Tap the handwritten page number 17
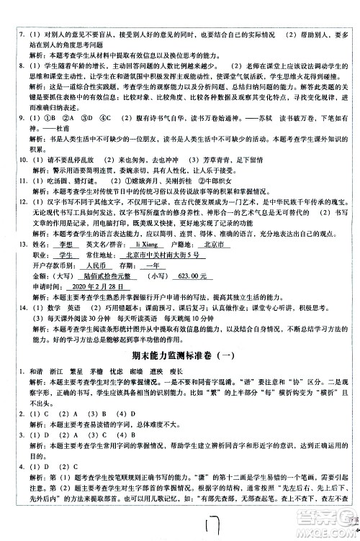[197, 523]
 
